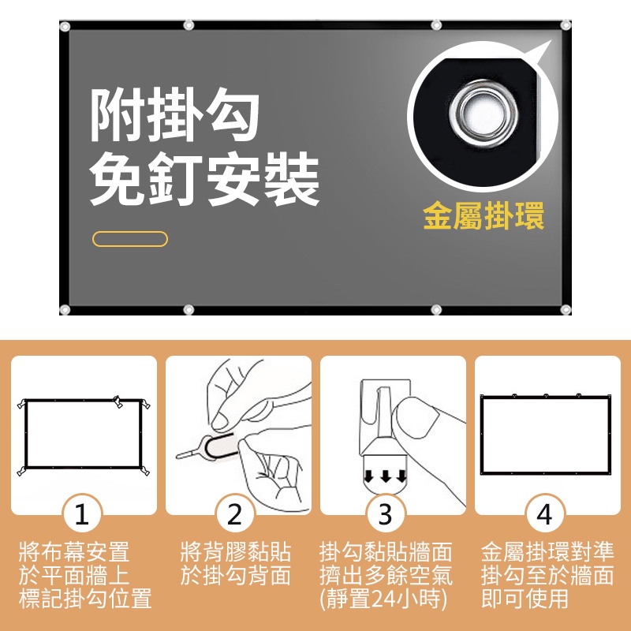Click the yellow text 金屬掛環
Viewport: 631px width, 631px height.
(x=484, y=216)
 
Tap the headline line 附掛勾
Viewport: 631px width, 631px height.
(x=174, y=115)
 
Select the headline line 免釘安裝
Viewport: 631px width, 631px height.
(x=204, y=179)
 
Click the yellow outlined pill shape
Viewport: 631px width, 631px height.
(x=130, y=239)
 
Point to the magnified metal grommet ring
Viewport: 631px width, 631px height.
(x=484, y=113)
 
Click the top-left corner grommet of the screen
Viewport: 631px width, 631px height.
(x=65, y=27)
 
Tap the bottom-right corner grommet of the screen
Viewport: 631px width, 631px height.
(x=566, y=309)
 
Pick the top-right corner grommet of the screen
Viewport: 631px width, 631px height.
(x=566, y=25)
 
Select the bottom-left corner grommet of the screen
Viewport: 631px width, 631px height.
(x=65, y=309)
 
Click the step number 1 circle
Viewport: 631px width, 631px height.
(x=82, y=514)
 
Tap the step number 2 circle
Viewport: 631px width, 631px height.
(x=235, y=514)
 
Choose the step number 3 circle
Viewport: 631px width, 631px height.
(x=386, y=514)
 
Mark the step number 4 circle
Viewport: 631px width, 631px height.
(x=545, y=514)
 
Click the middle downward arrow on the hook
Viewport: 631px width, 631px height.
(x=386, y=476)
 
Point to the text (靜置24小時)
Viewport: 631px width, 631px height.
(x=383, y=599)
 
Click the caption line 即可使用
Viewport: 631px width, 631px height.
(x=525, y=599)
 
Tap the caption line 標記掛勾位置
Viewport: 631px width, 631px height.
(x=85, y=599)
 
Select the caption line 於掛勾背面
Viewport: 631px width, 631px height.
(x=235, y=575)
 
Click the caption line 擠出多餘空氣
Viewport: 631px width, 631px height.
(x=386, y=575)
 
